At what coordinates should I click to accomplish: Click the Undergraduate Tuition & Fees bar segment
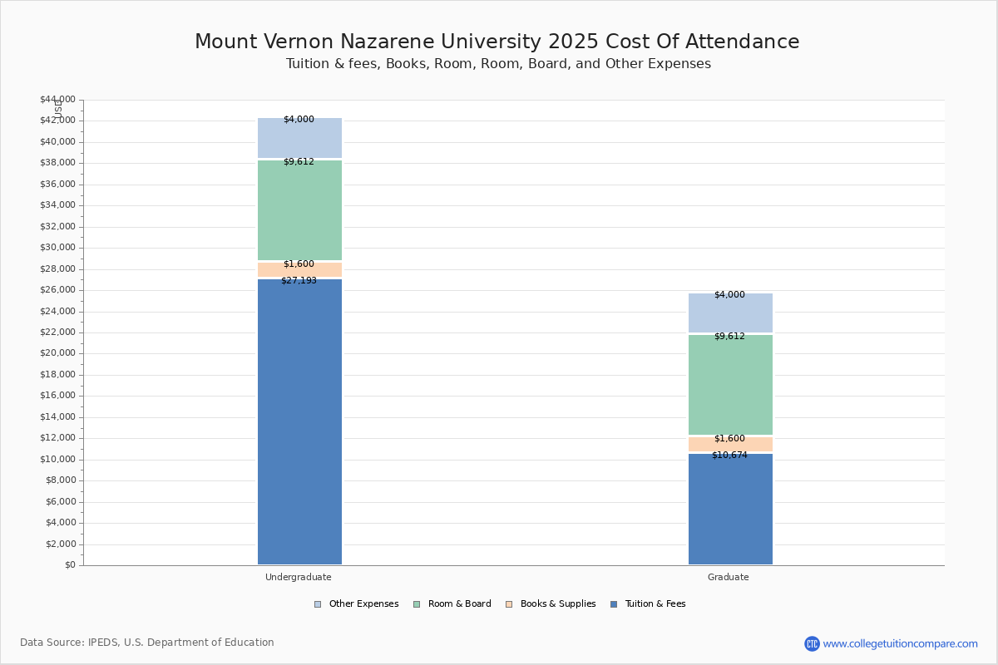pos(300,421)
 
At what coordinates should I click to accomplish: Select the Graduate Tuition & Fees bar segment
pos(731,509)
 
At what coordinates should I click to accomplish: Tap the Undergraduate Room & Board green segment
pos(300,210)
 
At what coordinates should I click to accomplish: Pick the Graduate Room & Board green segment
pos(731,385)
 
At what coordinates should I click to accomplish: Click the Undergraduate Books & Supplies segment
pos(300,269)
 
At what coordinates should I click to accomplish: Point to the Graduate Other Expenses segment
pos(731,313)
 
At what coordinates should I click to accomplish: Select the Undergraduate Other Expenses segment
pos(300,138)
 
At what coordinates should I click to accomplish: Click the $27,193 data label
pos(299,281)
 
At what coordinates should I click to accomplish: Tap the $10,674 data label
pos(729,456)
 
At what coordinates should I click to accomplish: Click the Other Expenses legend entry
pos(357,604)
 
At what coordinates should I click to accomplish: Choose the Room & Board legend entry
pos(452,604)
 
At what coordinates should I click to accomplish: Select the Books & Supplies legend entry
pos(551,604)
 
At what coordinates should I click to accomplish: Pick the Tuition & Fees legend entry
pos(648,604)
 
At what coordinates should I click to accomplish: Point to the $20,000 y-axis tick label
pos(58,353)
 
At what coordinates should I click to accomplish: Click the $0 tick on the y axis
pos(71,565)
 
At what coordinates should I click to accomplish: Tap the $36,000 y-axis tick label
pos(58,184)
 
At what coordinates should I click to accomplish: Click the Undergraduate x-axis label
pos(299,577)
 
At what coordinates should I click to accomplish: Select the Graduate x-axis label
pos(729,577)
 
